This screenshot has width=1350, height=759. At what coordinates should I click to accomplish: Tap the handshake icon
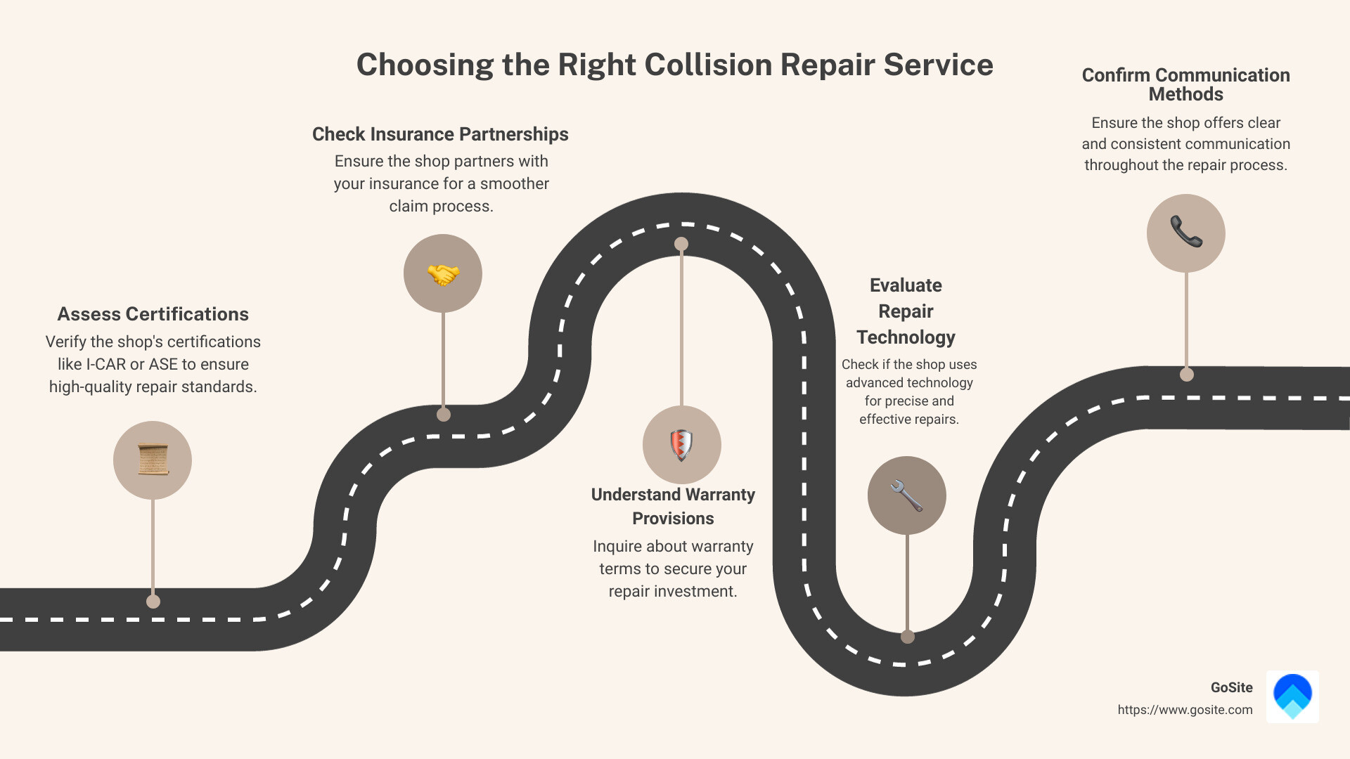[443, 273]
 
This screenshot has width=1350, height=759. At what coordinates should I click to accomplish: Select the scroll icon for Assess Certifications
[153, 460]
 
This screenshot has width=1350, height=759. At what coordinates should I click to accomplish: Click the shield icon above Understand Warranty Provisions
[681, 444]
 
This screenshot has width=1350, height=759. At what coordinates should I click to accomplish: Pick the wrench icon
[907, 495]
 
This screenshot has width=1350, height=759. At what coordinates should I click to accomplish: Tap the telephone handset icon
[1186, 233]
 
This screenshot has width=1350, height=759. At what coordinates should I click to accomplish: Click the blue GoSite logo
[1292, 696]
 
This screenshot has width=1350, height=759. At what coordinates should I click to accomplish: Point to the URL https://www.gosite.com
[1185, 710]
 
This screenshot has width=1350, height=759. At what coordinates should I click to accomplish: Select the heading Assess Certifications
[153, 314]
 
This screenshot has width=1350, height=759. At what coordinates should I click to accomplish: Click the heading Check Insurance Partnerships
[440, 134]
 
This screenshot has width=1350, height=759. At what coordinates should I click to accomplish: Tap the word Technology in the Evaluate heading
[906, 337]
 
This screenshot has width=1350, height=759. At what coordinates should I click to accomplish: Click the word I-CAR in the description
[105, 364]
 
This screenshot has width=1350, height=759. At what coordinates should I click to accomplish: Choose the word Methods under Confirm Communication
[1185, 94]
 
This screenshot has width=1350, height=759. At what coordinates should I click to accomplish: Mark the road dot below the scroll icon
[153, 602]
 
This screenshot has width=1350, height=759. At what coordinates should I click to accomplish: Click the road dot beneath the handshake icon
[444, 415]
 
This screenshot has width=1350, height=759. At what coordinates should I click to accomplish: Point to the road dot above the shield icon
[681, 244]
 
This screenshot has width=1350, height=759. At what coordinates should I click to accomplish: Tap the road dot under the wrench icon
[908, 637]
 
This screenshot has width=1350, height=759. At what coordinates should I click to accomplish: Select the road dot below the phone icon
[1187, 375]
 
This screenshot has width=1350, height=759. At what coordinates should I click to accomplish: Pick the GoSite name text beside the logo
[1231, 687]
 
